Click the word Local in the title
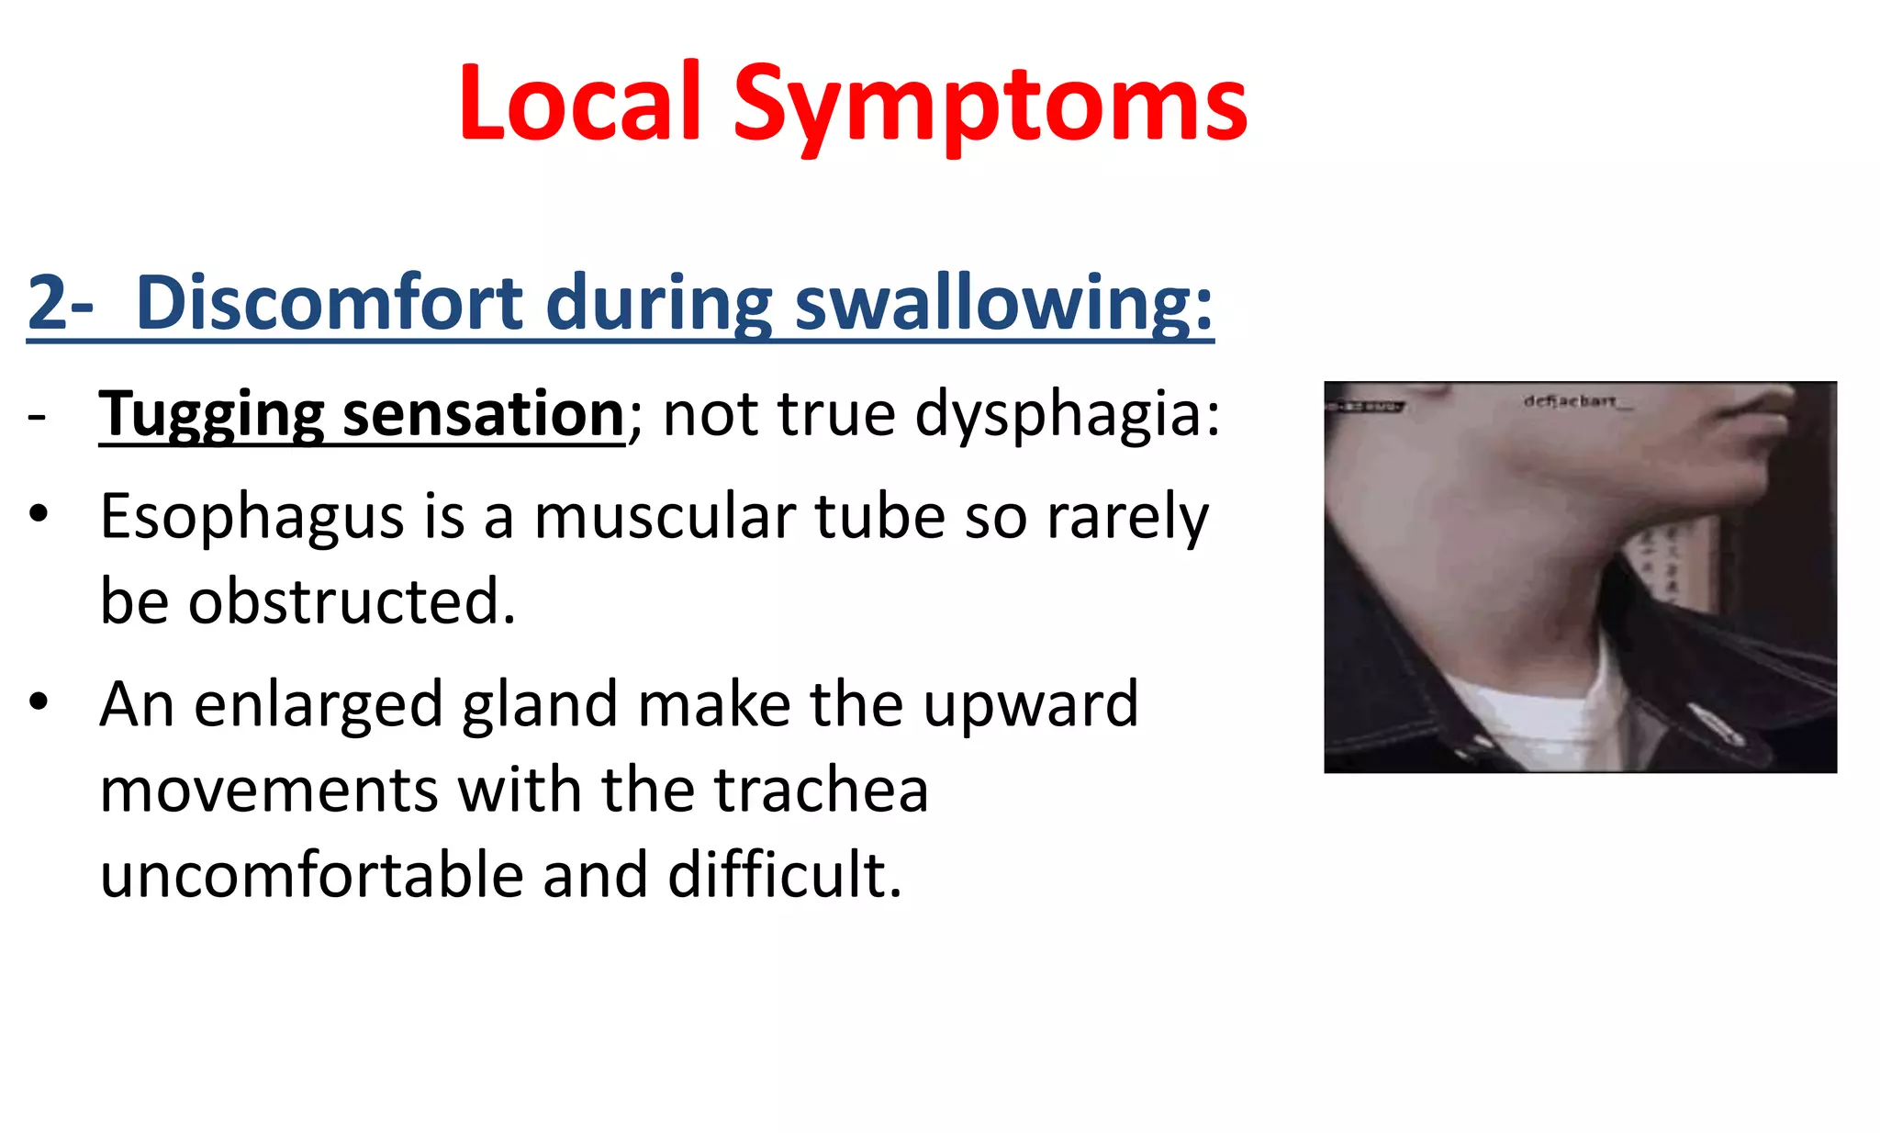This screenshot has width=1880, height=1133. coord(580,103)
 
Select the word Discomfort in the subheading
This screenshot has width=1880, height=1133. coord(329,303)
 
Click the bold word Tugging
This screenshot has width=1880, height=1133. coord(211,415)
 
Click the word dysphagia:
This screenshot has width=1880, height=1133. coord(1068,415)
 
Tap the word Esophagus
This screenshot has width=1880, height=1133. coord(252,517)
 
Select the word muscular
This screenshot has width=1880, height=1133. coord(665,517)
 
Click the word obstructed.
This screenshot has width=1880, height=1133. coord(352,601)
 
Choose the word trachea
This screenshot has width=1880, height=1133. coord(821,790)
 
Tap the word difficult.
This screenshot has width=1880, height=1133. coord(785,874)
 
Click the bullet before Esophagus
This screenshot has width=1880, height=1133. coord(38,514)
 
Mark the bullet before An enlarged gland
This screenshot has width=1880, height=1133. coord(38,702)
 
